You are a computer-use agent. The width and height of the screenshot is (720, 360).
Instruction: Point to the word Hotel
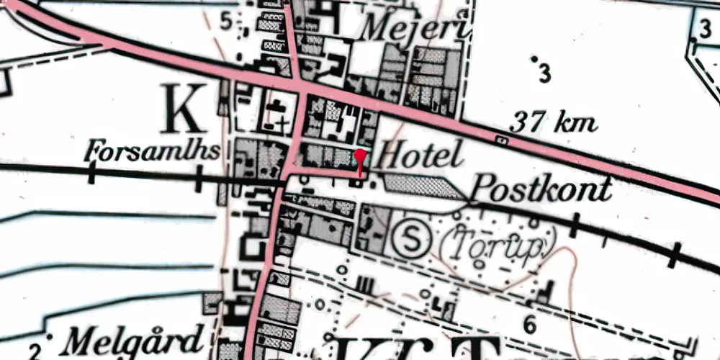tap(419, 155)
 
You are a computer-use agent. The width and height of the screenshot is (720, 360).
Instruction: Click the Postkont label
tap(541, 189)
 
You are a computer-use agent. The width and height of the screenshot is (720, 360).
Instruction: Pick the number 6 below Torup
tap(531, 323)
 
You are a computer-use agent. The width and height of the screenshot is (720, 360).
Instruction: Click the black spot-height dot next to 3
tap(534, 58)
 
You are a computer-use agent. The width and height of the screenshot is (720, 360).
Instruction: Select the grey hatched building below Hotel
tap(422, 186)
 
